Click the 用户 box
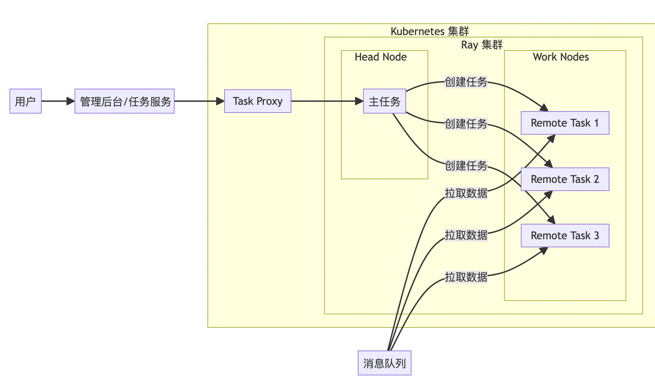click(25, 101)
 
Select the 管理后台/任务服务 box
click(125, 101)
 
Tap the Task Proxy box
click(258, 101)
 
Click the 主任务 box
click(384, 101)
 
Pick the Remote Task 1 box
click(565, 123)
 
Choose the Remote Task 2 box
click(565, 179)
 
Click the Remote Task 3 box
click(565, 236)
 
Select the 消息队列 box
click(384, 363)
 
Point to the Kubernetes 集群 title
click(429, 31)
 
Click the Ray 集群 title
click(481, 45)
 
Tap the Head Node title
click(380, 57)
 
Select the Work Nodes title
click(560, 57)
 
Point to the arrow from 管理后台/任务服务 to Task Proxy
click(199, 101)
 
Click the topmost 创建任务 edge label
click(466, 82)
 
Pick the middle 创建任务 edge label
click(466, 124)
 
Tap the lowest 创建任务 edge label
click(466, 166)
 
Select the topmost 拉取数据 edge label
click(466, 193)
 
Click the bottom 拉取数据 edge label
click(466, 277)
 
